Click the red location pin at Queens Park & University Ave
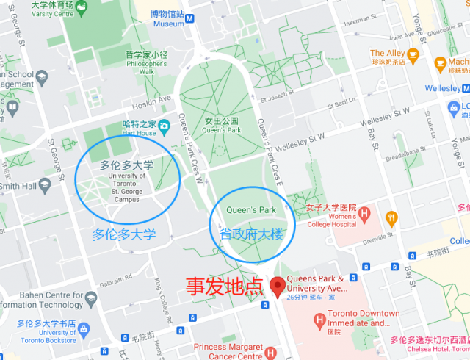tap(278, 286)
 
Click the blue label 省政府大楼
tap(250, 234)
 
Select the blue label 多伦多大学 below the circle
tap(124, 235)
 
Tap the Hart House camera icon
tap(164, 123)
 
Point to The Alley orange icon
tap(413, 54)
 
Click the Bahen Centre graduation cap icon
tap(90, 298)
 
